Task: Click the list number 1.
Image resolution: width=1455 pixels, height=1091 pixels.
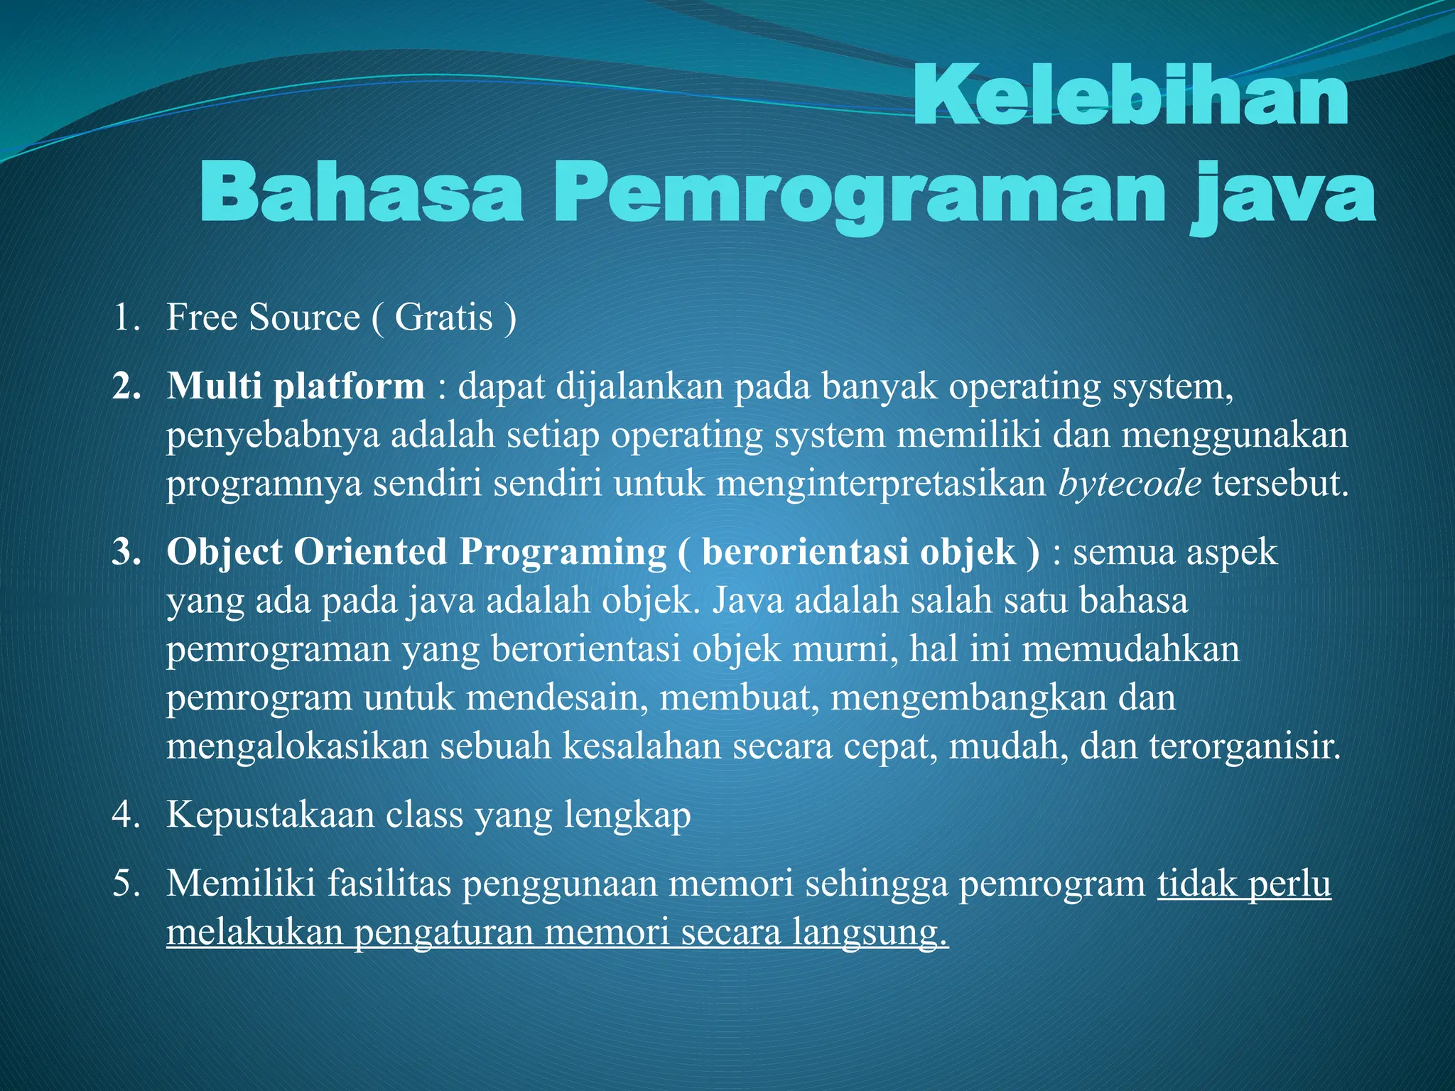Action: coord(126,317)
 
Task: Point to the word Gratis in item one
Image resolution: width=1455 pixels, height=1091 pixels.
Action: coord(443,317)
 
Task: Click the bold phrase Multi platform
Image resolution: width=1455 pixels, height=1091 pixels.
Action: coord(296,387)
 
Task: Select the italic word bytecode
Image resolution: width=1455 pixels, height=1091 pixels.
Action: coord(1130,484)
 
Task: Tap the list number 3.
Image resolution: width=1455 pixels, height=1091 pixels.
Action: coord(126,553)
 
